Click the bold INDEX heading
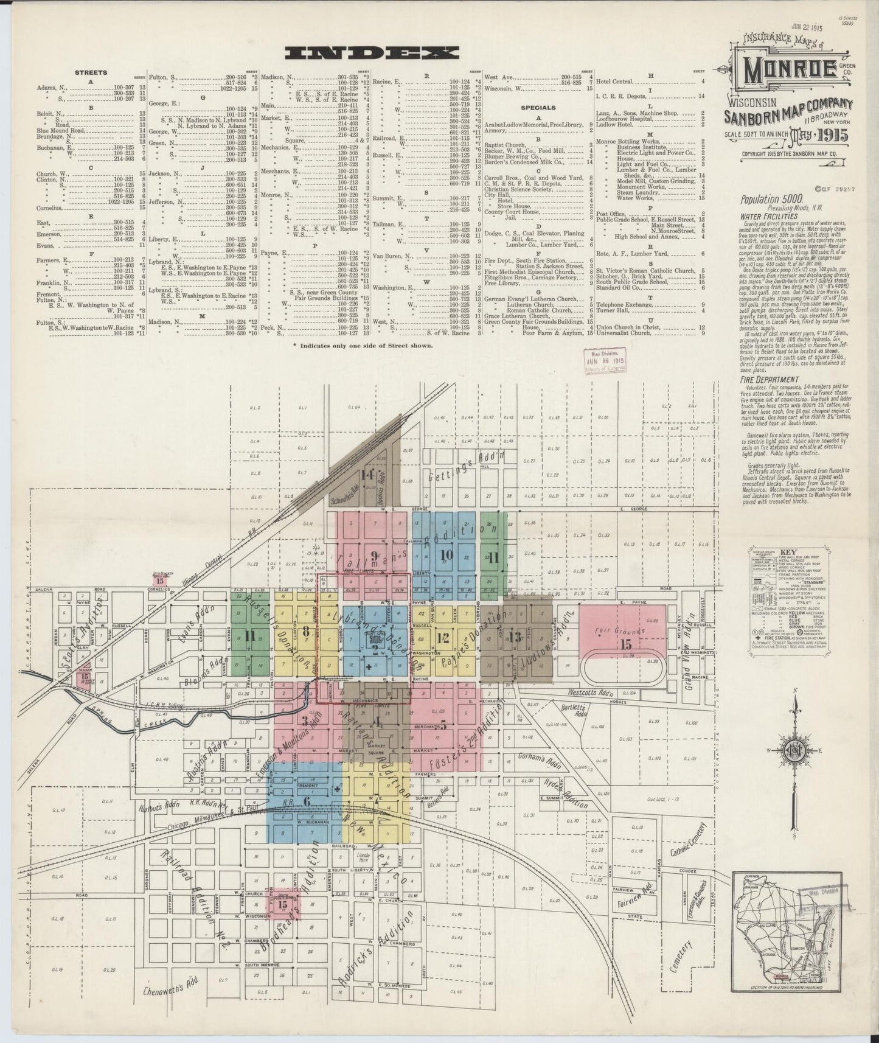372,54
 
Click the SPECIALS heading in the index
538,108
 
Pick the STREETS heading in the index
91,72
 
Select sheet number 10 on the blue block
446,554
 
